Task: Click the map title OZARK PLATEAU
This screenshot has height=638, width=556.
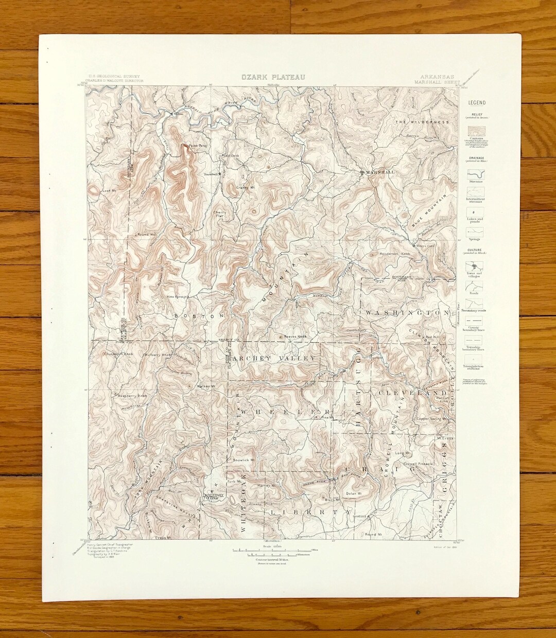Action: (273, 77)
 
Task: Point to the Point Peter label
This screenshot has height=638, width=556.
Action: (198, 146)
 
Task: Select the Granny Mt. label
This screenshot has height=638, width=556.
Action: (246, 188)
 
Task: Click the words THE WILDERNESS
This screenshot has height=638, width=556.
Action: (422, 122)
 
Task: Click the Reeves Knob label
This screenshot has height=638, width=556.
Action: (296, 337)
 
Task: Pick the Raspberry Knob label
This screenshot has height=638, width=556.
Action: (132, 396)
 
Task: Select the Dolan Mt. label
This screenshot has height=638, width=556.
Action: (354, 493)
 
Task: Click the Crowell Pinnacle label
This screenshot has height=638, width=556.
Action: (418, 464)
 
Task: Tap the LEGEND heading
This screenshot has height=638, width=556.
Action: (477, 103)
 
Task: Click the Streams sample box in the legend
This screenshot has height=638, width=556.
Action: (476, 173)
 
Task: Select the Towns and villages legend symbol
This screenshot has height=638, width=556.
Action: (476, 266)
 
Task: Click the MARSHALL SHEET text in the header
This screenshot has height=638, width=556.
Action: (433, 82)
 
